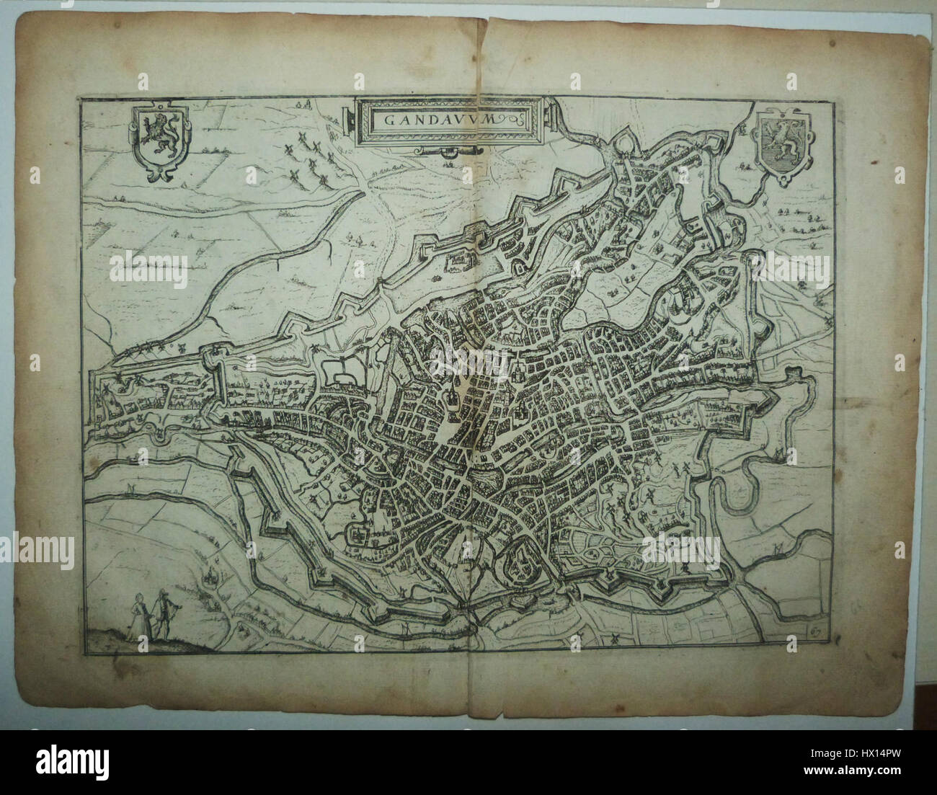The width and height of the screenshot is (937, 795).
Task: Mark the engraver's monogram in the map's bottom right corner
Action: coord(817,631)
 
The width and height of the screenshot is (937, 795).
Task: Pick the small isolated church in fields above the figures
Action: coord(210,574)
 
